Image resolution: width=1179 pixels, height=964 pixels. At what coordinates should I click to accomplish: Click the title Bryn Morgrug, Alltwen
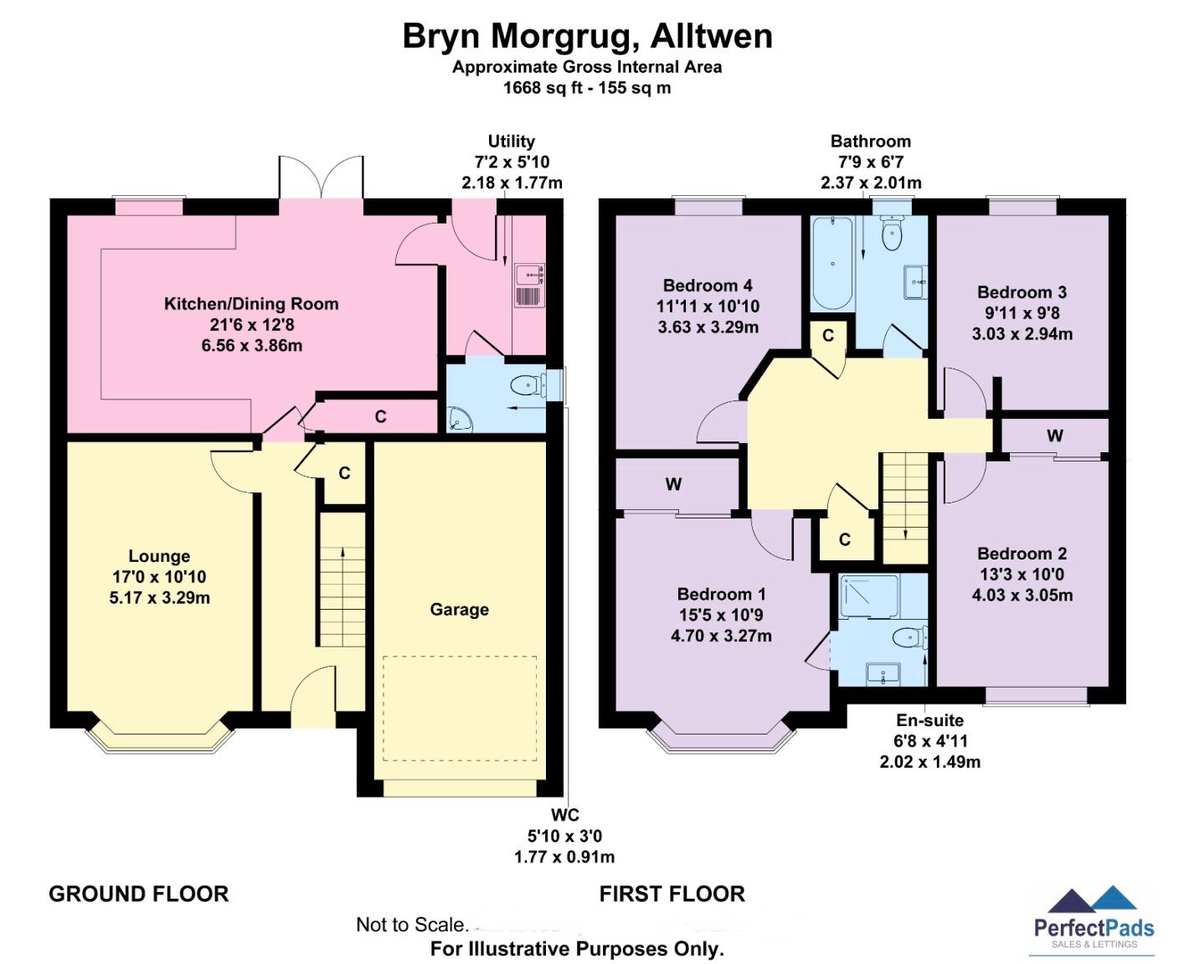[x=587, y=37]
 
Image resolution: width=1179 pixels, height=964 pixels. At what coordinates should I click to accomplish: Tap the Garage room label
[x=459, y=610]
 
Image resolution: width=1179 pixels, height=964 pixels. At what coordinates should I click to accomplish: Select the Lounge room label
[x=159, y=556]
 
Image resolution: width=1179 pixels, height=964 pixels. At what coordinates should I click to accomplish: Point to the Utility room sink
[x=529, y=274]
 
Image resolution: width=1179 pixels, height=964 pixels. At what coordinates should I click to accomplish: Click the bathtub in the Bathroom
[x=832, y=263]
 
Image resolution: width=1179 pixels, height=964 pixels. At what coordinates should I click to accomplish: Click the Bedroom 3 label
[x=1022, y=292]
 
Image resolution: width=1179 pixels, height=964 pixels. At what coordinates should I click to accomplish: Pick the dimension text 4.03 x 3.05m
[x=1022, y=595]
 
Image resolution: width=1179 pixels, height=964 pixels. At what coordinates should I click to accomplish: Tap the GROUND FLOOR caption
[x=139, y=894]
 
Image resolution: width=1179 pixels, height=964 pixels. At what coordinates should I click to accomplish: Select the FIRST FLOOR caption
[x=672, y=894]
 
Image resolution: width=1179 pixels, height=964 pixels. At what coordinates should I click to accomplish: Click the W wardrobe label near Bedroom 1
[x=673, y=484]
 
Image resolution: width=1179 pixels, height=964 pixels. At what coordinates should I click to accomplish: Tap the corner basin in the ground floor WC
[x=459, y=419]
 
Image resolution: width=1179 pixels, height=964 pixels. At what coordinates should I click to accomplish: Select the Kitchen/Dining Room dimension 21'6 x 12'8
[x=251, y=325]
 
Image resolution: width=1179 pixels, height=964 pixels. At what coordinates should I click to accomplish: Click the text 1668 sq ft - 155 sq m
[x=586, y=88]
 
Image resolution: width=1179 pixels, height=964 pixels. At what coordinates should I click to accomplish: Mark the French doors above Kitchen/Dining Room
[x=321, y=178]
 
